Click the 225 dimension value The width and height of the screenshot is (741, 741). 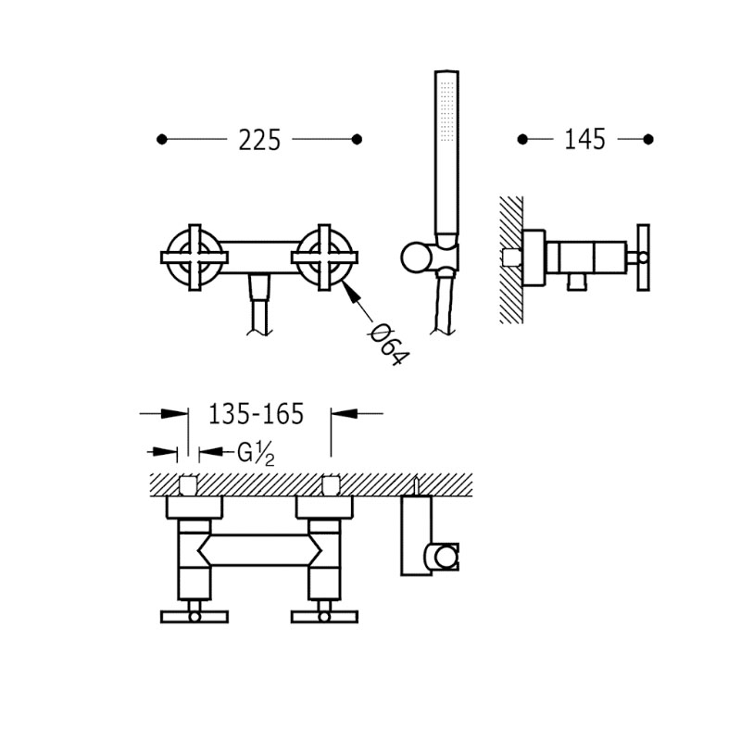(x=259, y=140)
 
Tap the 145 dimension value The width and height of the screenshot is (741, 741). (x=585, y=140)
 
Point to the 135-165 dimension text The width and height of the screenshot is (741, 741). (x=256, y=414)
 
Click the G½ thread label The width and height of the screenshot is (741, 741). (x=256, y=454)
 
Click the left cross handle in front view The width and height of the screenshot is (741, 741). (x=195, y=257)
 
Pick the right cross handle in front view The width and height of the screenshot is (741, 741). (x=324, y=257)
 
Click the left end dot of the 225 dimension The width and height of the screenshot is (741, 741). (x=161, y=140)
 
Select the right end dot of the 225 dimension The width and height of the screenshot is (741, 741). (x=358, y=140)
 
